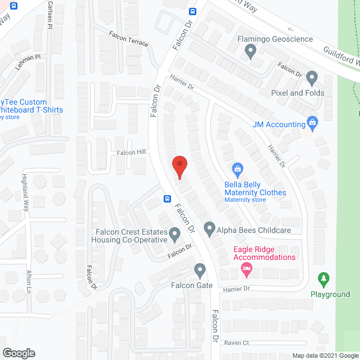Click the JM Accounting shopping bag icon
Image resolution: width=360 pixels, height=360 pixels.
coord(313,124)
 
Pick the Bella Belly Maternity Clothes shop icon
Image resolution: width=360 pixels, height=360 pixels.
coord(238,168)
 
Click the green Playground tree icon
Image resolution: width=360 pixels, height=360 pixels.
coord(323,279)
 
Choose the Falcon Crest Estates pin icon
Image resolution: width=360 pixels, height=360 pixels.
coord(175,233)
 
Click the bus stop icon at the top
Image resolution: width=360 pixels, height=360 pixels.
coord(192,11)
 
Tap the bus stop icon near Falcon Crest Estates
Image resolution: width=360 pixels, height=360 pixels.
coord(167,199)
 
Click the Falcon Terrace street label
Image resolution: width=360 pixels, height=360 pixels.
coord(130,39)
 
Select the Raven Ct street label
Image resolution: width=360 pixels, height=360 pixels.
coord(236,342)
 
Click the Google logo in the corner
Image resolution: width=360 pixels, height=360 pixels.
coord(18,353)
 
